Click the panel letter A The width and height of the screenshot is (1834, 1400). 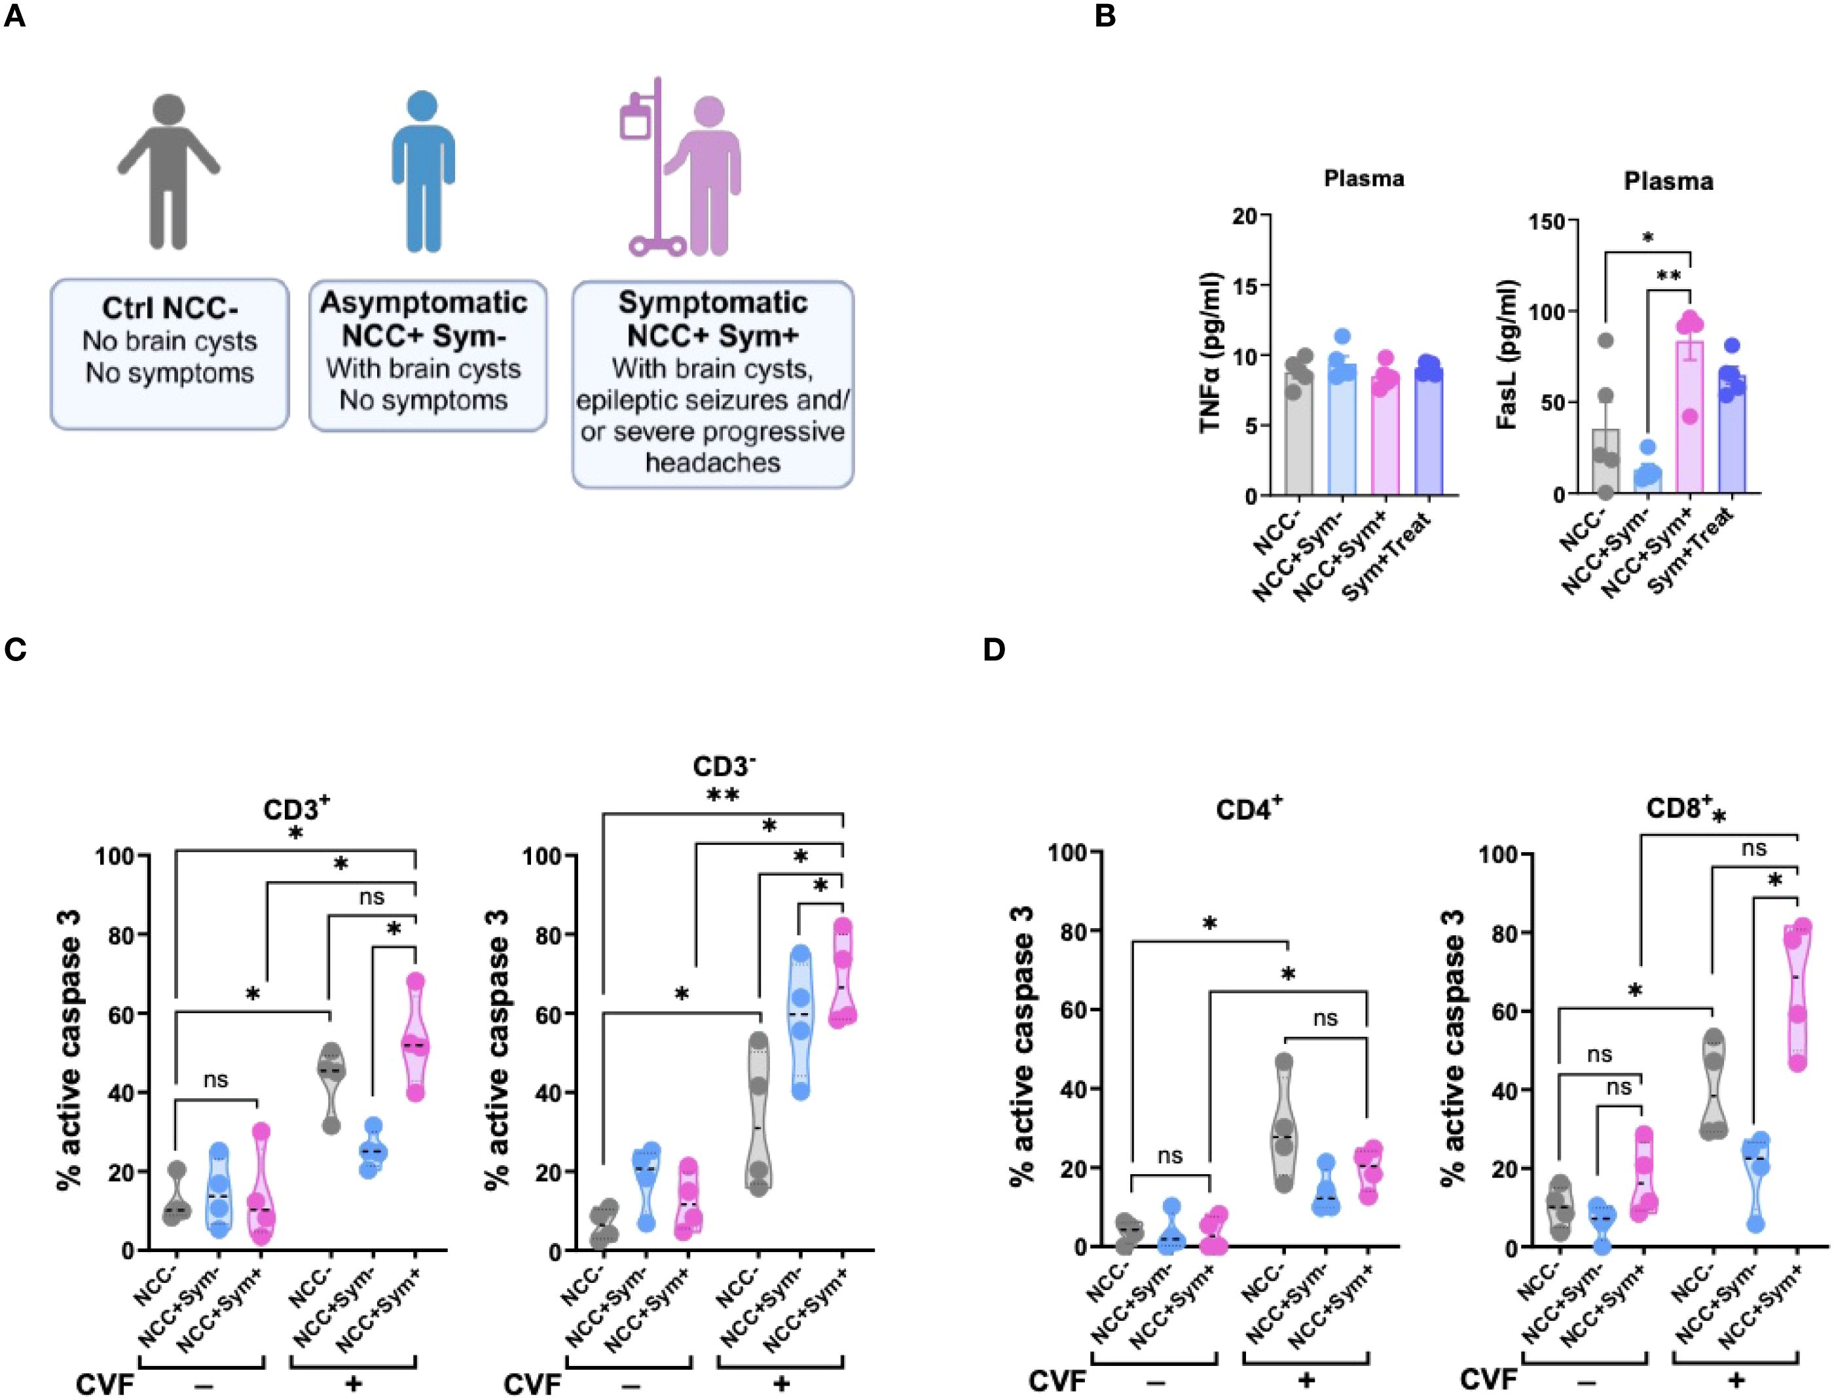pos(14,16)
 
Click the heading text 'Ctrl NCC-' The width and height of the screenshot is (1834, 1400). pos(169,308)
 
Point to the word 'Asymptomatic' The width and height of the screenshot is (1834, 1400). pos(424,302)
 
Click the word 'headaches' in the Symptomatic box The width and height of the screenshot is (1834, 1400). pos(713,463)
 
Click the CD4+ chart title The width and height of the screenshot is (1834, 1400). pos(1249,809)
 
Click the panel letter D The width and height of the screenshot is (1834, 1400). pos(994,649)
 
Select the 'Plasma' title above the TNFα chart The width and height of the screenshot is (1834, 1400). pos(1364,178)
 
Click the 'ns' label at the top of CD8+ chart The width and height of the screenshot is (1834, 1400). pos(1754,849)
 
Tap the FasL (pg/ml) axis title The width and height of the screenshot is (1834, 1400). pos(1507,354)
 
